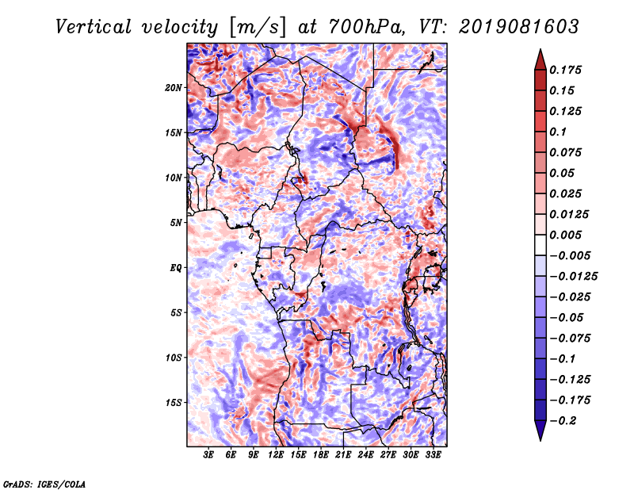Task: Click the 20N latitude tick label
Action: tap(174, 88)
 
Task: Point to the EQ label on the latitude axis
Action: tap(175, 268)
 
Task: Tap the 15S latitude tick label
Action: tap(174, 403)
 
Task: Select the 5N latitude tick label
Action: tap(176, 223)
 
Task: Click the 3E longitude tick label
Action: tap(208, 454)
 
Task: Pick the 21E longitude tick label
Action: tap(343, 454)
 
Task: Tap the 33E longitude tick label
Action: tap(433, 454)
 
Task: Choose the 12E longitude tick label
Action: tap(275, 454)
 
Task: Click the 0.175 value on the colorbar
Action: tap(565, 70)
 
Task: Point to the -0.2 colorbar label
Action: tap(563, 421)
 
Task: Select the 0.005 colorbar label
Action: tap(565, 235)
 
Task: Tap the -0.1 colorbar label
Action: tap(563, 359)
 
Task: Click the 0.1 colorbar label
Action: tap(558, 132)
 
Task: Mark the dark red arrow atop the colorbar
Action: tap(540, 60)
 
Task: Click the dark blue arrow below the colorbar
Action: tap(540, 431)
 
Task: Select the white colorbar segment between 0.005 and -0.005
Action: tap(540, 245)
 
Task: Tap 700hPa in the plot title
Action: tap(366, 27)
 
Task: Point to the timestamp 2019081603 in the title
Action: tap(519, 27)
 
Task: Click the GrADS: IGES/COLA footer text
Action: tap(44, 484)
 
